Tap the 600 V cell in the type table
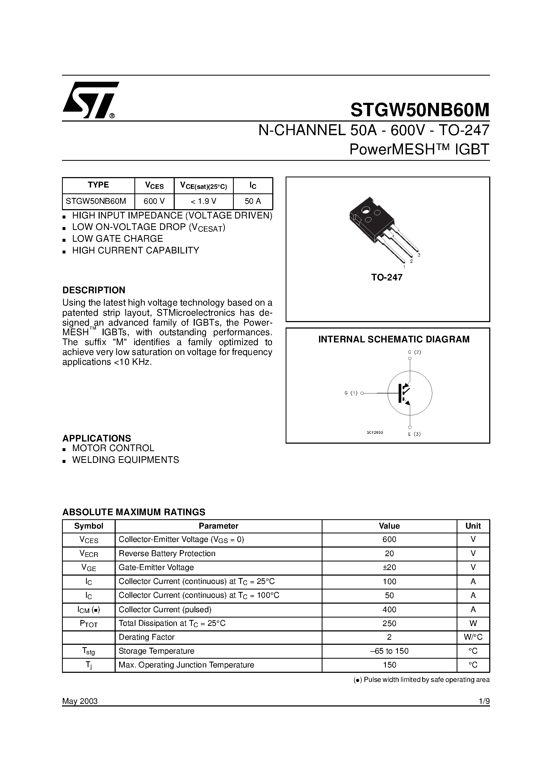(154, 201)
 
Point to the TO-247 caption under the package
(387, 278)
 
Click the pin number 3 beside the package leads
(419, 255)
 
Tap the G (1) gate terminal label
(351, 393)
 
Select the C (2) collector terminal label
(414, 352)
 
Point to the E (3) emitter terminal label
(414, 434)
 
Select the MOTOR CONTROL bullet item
(113, 448)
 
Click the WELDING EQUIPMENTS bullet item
(125, 460)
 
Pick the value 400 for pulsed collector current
(389, 610)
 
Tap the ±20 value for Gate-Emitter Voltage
(389, 567)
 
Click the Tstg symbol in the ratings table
(88, 651)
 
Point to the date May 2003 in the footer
(80, 701)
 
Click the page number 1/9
(484, 701)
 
